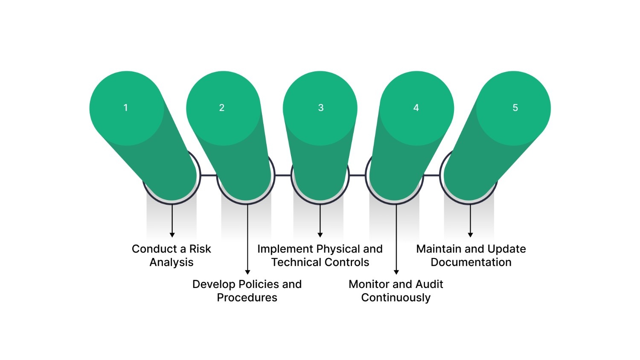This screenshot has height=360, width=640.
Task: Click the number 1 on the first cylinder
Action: (x=125, y=108)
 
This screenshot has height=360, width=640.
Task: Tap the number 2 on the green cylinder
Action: (x=222, y=108)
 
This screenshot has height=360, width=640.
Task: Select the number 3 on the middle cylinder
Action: (x=321, y=108)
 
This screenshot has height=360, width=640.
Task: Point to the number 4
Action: (x=416, y=108)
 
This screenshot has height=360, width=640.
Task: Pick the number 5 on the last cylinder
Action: (x=515, y=108)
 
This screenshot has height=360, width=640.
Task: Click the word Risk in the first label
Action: (x=200, y=249)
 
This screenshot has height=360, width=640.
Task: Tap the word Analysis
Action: (x=172, y=262)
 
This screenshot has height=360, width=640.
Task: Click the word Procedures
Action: (x=247, y=297)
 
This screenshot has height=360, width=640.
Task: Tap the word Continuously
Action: (x=396, y=297)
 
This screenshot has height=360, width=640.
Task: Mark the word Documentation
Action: (x=471, y=262)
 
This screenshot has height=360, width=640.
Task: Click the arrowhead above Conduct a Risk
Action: (x=172, y=235)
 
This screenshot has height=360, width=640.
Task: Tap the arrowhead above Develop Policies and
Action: (x=247, y=272)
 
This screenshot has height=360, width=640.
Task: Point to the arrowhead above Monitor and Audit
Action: (x=396, y=272)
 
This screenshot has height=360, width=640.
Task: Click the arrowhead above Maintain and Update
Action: (x=470, y=235)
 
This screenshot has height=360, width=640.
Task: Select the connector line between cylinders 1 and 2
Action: (x=209, y=175)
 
